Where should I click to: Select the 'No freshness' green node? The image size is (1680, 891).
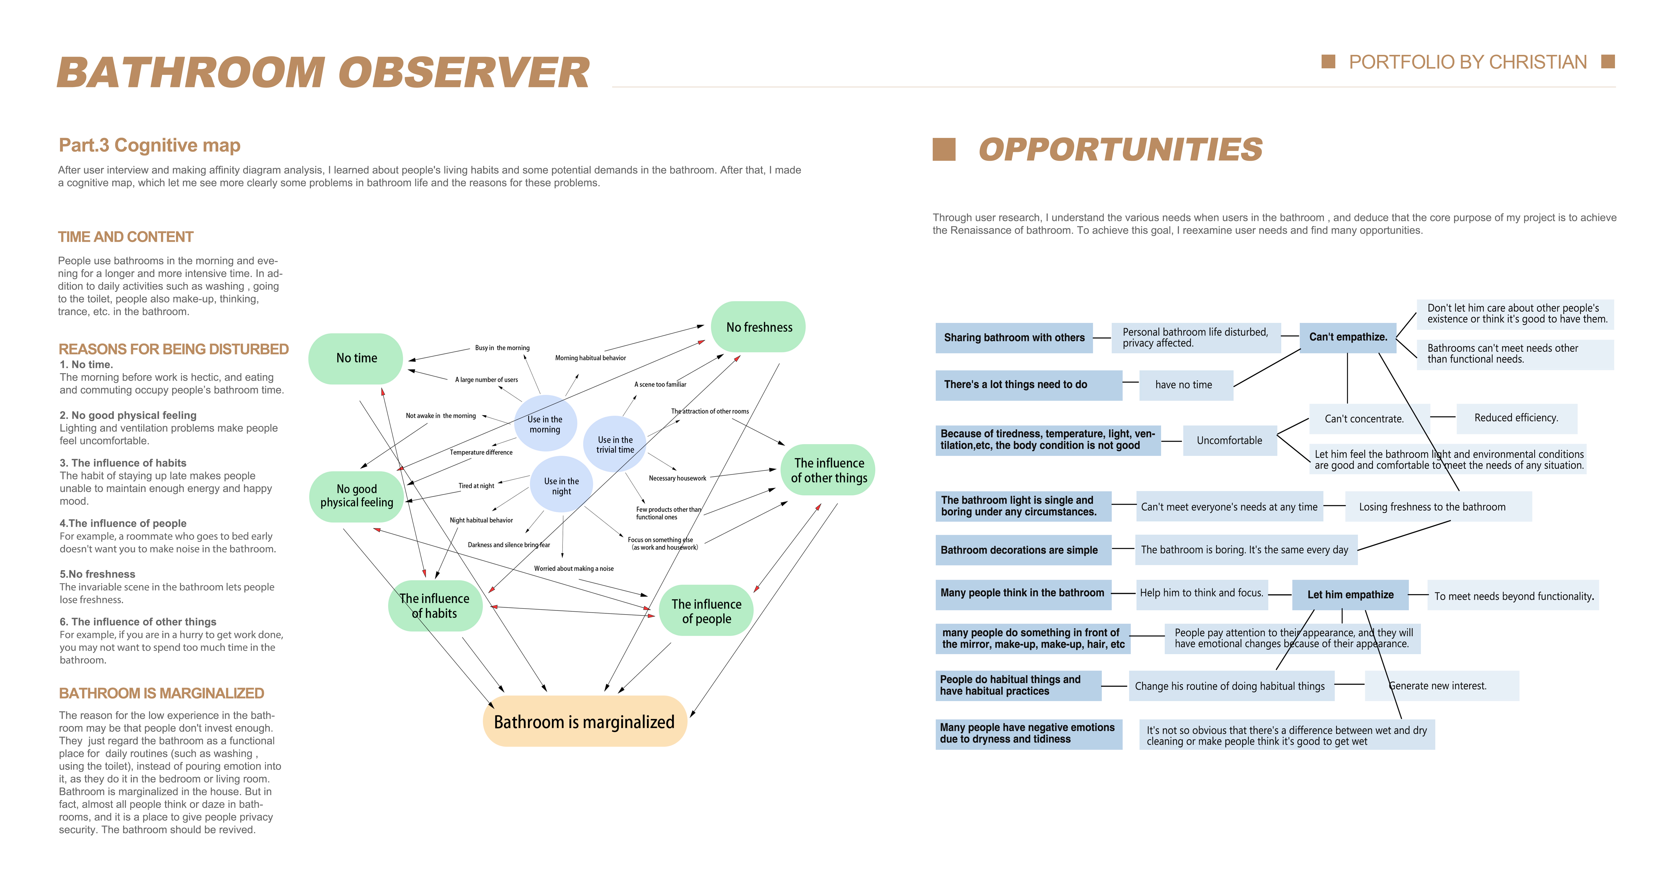[758, 327]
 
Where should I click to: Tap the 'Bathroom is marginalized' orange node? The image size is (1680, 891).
[584, 721]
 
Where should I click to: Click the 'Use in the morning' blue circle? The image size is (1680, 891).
[545, 424]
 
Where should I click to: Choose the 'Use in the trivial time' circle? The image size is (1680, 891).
[614, 444]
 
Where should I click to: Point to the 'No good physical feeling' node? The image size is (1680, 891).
[357, 496]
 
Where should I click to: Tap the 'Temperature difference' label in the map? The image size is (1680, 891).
[481, 452]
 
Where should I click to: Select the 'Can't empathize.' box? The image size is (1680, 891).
[1348, 337]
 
